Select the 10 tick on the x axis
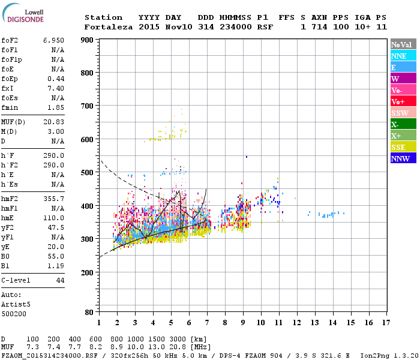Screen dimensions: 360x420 pos(261,323)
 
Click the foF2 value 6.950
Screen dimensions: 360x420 pos(53,39)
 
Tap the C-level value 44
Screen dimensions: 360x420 pos(60,280)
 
